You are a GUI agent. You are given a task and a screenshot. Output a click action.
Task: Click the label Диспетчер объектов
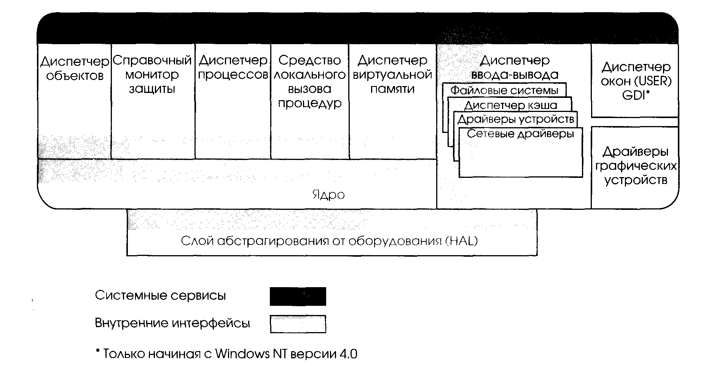75,69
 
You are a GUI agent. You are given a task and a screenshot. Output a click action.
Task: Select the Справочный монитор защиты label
152,75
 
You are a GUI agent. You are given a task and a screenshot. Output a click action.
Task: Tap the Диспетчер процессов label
233,67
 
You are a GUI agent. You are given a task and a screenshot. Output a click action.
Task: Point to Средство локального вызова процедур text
309,82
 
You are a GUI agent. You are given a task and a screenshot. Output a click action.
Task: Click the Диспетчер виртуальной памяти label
392,75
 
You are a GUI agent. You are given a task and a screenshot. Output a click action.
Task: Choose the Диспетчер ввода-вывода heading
515,67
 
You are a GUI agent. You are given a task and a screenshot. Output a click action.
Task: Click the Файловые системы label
504,91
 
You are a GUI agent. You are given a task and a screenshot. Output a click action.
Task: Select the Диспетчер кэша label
510,105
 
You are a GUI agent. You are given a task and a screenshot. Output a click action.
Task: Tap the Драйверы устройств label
516,120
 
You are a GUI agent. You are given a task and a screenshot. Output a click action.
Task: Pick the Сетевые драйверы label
520,134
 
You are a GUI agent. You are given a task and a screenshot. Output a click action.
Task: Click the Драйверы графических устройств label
636,166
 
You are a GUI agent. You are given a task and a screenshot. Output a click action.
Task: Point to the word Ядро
328,195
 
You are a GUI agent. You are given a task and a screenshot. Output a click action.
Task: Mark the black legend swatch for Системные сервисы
298,296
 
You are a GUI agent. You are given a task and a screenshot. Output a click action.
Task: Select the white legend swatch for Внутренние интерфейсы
298,324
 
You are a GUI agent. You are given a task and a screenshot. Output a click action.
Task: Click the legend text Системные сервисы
160,296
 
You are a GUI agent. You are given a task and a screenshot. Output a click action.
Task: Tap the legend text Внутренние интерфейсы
172,323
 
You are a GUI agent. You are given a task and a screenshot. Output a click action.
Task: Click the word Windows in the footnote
242,354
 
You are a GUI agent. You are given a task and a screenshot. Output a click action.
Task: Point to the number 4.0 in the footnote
349,354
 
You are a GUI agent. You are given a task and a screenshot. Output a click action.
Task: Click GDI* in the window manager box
635,95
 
